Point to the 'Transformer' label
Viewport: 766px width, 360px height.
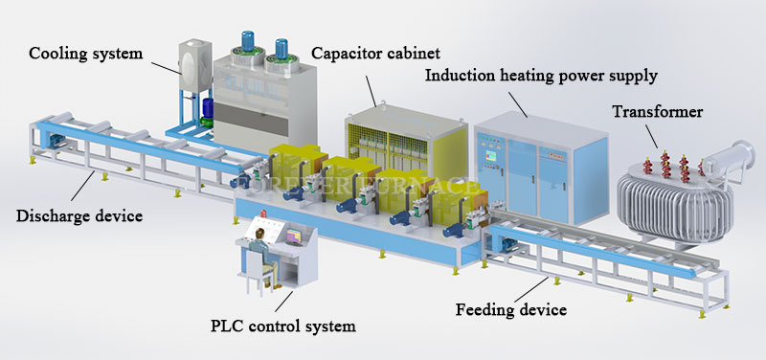point(658,112)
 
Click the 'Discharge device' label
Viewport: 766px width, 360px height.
point(79,215)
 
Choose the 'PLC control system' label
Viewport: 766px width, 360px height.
point(282,326)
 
